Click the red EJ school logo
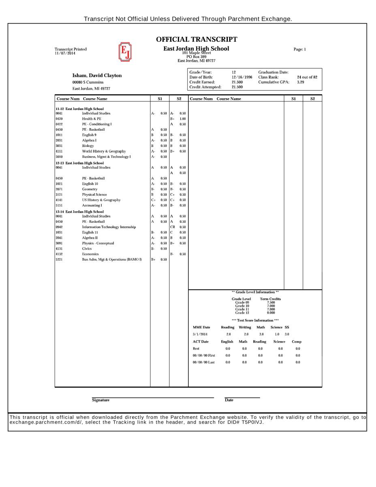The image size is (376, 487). tap(125, 52)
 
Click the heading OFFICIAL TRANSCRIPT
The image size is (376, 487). tap(197, 39)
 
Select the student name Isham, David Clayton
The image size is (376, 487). tap(97, 75)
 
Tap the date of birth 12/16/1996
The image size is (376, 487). tap(242, 77)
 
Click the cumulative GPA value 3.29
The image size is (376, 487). tap(300, 82)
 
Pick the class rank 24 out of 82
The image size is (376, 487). tap(307, 77)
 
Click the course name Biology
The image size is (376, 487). tap(88, 146)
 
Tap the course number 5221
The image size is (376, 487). tap(59, 259)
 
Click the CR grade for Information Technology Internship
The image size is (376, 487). tap(173, 227)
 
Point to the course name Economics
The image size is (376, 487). tap(90, 254)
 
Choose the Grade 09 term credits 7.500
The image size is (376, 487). tap(271, 302)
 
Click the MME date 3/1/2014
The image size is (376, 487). tap(200, 334)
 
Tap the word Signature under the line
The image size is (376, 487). tap(100, 400)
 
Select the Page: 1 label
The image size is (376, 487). tap(299, 50)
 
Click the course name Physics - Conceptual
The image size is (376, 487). tap(98, 243)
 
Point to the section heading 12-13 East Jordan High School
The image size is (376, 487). tap(79, 163)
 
